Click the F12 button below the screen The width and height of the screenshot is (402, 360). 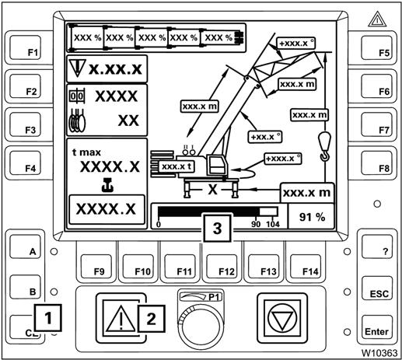[222, 266]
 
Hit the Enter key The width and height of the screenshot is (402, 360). [377, 327]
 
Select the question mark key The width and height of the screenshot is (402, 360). [377, 246]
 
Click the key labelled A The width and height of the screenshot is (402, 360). [25, 246]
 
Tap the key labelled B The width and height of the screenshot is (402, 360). [25, 287]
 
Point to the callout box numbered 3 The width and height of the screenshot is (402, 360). [217, 228]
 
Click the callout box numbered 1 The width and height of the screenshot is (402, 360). [47, 318]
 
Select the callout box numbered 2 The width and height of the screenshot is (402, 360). [151, 319]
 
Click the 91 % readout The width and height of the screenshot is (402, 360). [312, 217]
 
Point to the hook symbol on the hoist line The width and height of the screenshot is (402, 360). [324, 146]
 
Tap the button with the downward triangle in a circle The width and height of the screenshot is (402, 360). [282, 318]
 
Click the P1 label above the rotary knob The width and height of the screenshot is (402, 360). [215, 297]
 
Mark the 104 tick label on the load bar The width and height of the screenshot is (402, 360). [273, 224]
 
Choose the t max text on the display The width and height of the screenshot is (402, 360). [86, 152]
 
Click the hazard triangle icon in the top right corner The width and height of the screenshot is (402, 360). [377, 19]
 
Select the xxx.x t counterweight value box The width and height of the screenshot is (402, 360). [177, 166]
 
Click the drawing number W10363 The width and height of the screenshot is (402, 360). [379, 352]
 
